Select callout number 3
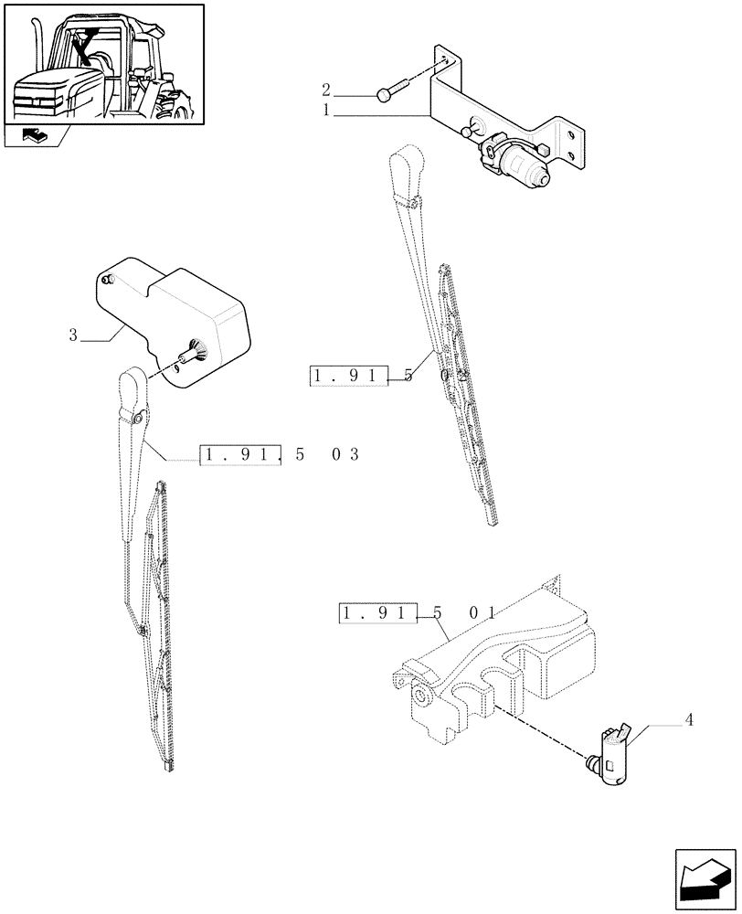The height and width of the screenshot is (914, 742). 73,335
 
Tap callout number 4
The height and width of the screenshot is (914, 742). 689,719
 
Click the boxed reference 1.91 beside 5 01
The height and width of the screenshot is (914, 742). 377,613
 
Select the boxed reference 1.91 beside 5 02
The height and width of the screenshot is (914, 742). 349,376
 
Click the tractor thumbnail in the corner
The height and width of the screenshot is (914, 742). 103,63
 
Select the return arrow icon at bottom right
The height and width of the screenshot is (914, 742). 704,879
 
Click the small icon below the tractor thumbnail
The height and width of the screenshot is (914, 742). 33,137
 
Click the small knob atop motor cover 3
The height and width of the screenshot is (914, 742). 108,279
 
